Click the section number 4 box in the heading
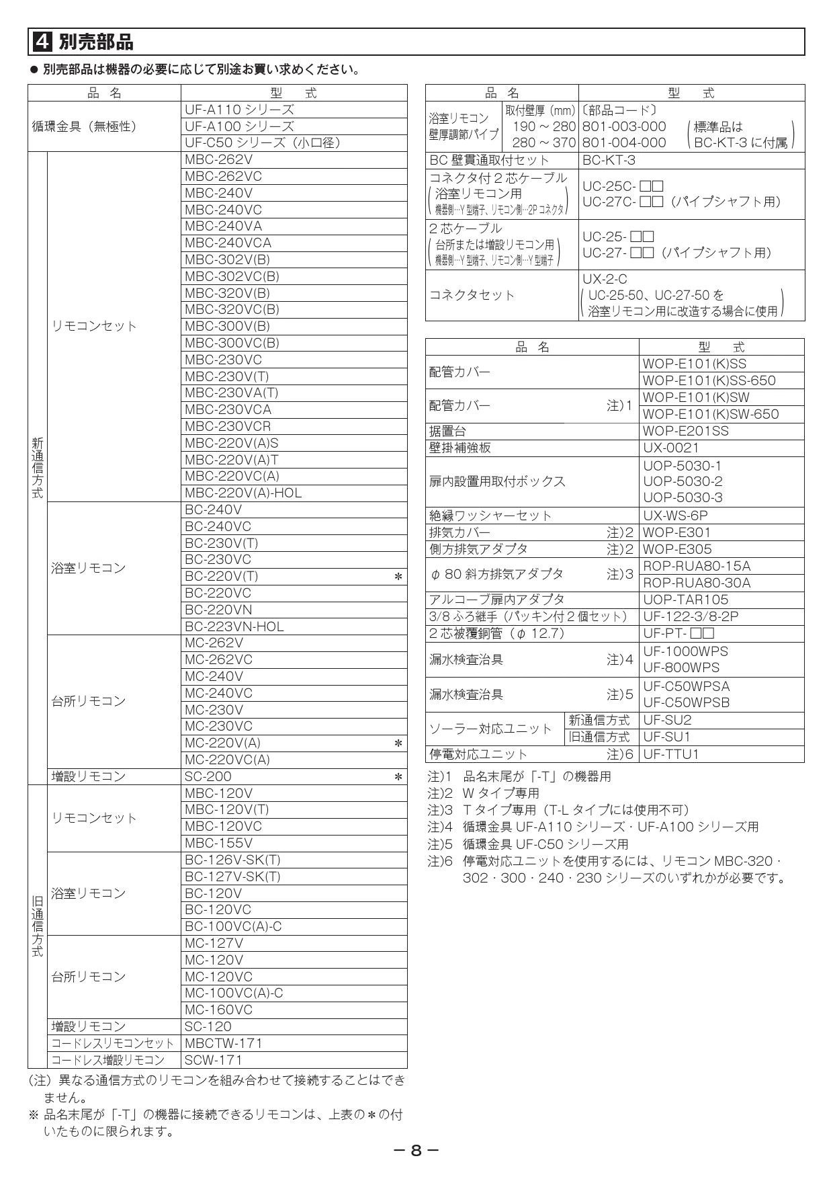click(42, 42)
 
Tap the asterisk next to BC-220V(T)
click(398, 577)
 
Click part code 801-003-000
click(624, 126)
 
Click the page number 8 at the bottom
click(416, 1150)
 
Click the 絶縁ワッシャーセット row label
click(490, 516)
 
